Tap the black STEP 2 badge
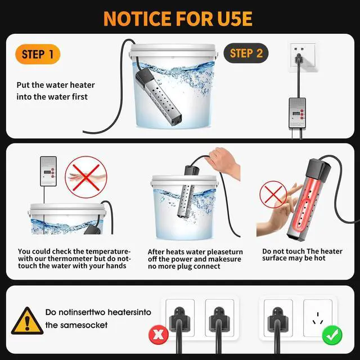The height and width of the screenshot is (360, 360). click(x=246, y=53)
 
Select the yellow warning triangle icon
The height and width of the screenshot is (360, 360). click(x=26, y=321)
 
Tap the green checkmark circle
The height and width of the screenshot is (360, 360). click(x=332, y=336)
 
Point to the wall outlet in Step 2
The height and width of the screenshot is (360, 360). click(x=298, y=54)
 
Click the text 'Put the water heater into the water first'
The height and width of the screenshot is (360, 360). click(x=55, y=91)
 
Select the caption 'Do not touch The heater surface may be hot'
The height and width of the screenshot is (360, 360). click(x=302, y=255)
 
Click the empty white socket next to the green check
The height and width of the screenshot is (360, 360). click(x=318, y=315)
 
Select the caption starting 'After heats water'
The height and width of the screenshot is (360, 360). click(x=194, y=259)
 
